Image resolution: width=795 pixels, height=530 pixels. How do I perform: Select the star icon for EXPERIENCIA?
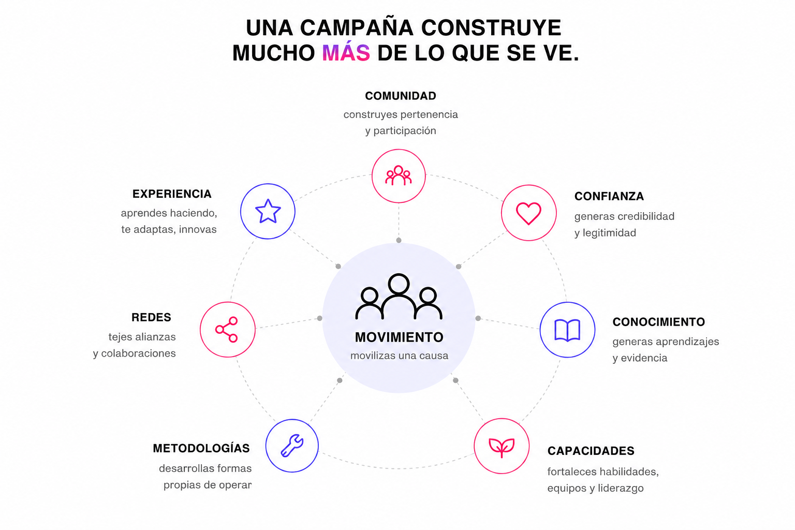pyautogui.click(x=268, y=211)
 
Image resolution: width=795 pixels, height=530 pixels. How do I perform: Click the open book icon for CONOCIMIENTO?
pyautogui.click(x=567, y=330)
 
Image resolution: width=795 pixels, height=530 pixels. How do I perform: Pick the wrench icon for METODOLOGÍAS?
pyautogui.click(x=292, y=446)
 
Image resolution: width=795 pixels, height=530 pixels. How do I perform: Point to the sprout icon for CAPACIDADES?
pyautogui.click(x=502, y=447)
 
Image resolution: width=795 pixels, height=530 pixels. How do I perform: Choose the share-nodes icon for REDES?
pyautogui.click(x=227, y=329)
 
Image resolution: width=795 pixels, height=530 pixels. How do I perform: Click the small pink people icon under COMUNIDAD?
pyautogui.click(x=398, y=176)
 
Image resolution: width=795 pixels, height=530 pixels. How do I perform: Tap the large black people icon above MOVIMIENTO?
pyautogui.click(x=399, y=297)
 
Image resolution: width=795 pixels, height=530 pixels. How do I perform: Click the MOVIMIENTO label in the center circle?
pyautogui.click(x=399, y=337)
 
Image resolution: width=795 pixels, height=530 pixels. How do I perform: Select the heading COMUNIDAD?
pyautogui.click(x=400, y=96)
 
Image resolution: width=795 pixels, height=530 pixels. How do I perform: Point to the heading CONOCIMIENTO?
pyautogui.click(x=658, y=322)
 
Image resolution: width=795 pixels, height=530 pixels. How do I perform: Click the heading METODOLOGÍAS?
pyautogui.click(x=201, y=448)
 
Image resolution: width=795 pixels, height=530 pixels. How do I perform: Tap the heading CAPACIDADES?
pyautogui.click(x=591, y=451)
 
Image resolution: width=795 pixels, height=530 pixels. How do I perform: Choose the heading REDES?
pyautogui.click(x=151, y=317)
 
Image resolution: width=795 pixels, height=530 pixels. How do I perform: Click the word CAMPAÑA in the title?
pyautogui.click(x=357, y=27)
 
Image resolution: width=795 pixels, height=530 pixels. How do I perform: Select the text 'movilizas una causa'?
pyautogui.click(x=399, y=356)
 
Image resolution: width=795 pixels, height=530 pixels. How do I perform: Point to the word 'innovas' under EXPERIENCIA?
pyautogui.click(x=198, y=229)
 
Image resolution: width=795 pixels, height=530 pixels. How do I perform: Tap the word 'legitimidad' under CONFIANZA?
pyautogui.click(x=609, y=233)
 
